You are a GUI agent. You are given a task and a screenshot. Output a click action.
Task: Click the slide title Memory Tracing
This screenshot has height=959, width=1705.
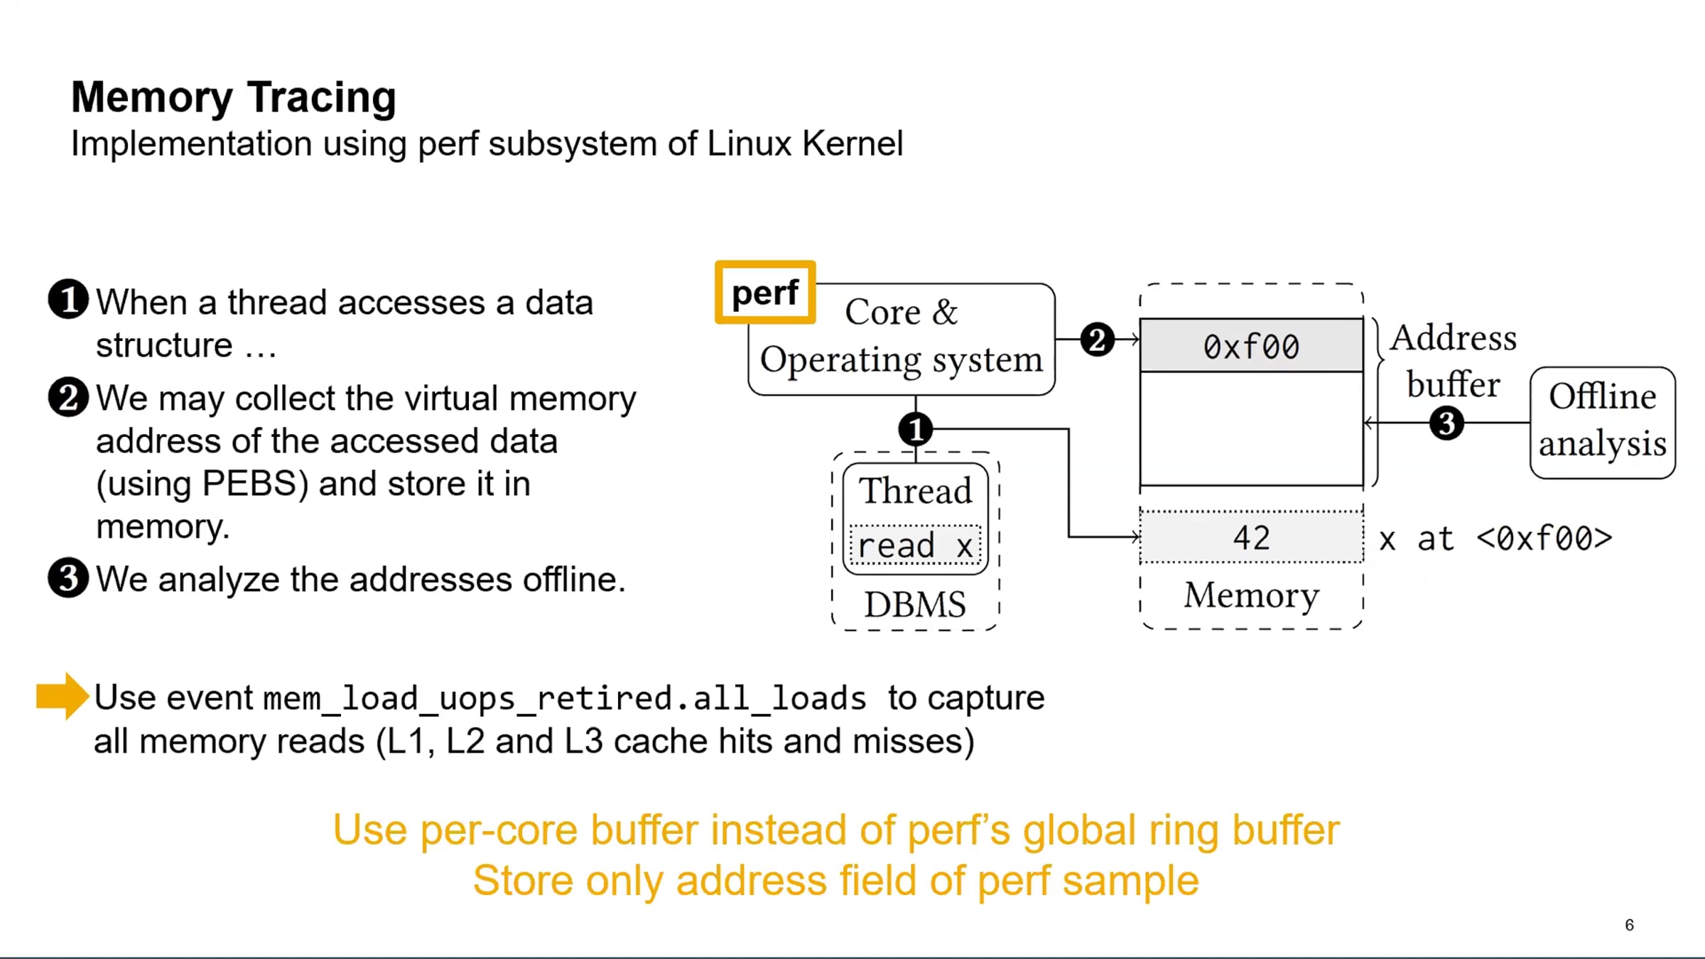pos(234,98)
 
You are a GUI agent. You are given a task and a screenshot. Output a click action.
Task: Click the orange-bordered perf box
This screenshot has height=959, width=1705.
pos(765,292)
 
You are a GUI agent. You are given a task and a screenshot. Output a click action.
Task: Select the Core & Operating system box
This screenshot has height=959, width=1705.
pos(901,339)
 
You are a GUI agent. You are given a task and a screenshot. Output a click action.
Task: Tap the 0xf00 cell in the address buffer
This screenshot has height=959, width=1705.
pos(1251,346)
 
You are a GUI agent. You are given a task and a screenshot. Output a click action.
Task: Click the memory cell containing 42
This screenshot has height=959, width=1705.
pos(1251,537)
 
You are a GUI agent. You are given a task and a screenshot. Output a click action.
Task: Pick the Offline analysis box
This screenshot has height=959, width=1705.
pos(1603,422)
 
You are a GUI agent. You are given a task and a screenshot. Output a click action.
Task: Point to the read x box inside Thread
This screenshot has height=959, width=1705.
pos(916,546)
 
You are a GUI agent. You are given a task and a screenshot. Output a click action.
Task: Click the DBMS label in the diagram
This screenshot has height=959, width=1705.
pos(915,605)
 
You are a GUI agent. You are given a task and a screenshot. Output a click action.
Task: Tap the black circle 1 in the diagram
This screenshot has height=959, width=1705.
pos(916,429)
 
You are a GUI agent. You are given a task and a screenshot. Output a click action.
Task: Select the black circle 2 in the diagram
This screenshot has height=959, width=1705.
pos(1097,340)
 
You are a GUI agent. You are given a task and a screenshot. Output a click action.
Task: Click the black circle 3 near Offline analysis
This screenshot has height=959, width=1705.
pos(1446,423)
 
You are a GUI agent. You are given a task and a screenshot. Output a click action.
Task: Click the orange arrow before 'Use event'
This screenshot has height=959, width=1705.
pos(63,696)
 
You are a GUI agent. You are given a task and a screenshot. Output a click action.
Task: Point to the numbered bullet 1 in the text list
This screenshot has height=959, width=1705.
pos(68,300)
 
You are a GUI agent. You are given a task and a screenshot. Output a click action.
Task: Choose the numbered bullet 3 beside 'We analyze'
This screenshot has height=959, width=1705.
pos(68,577)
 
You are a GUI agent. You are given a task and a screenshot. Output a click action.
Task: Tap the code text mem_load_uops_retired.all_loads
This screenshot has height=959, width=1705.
pos(565,699)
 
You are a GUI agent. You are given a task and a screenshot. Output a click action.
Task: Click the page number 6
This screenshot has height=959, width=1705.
pos(1629,925)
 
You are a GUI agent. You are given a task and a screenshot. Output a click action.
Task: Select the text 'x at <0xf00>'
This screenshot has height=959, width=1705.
pos(1495,539)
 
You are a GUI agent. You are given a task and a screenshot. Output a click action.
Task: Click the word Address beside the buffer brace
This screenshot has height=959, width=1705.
pos(1454,337)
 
